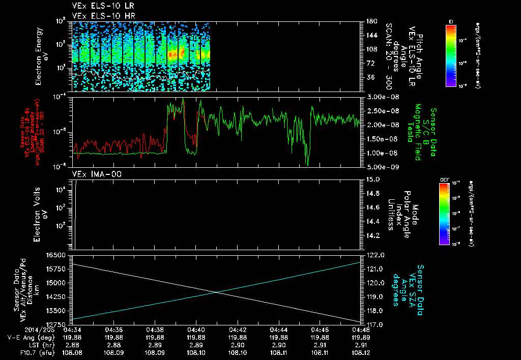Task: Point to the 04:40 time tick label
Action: [x=196, y=329]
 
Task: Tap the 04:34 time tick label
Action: [x=73, y=329]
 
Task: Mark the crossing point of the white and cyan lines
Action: [x=217, y=292]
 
